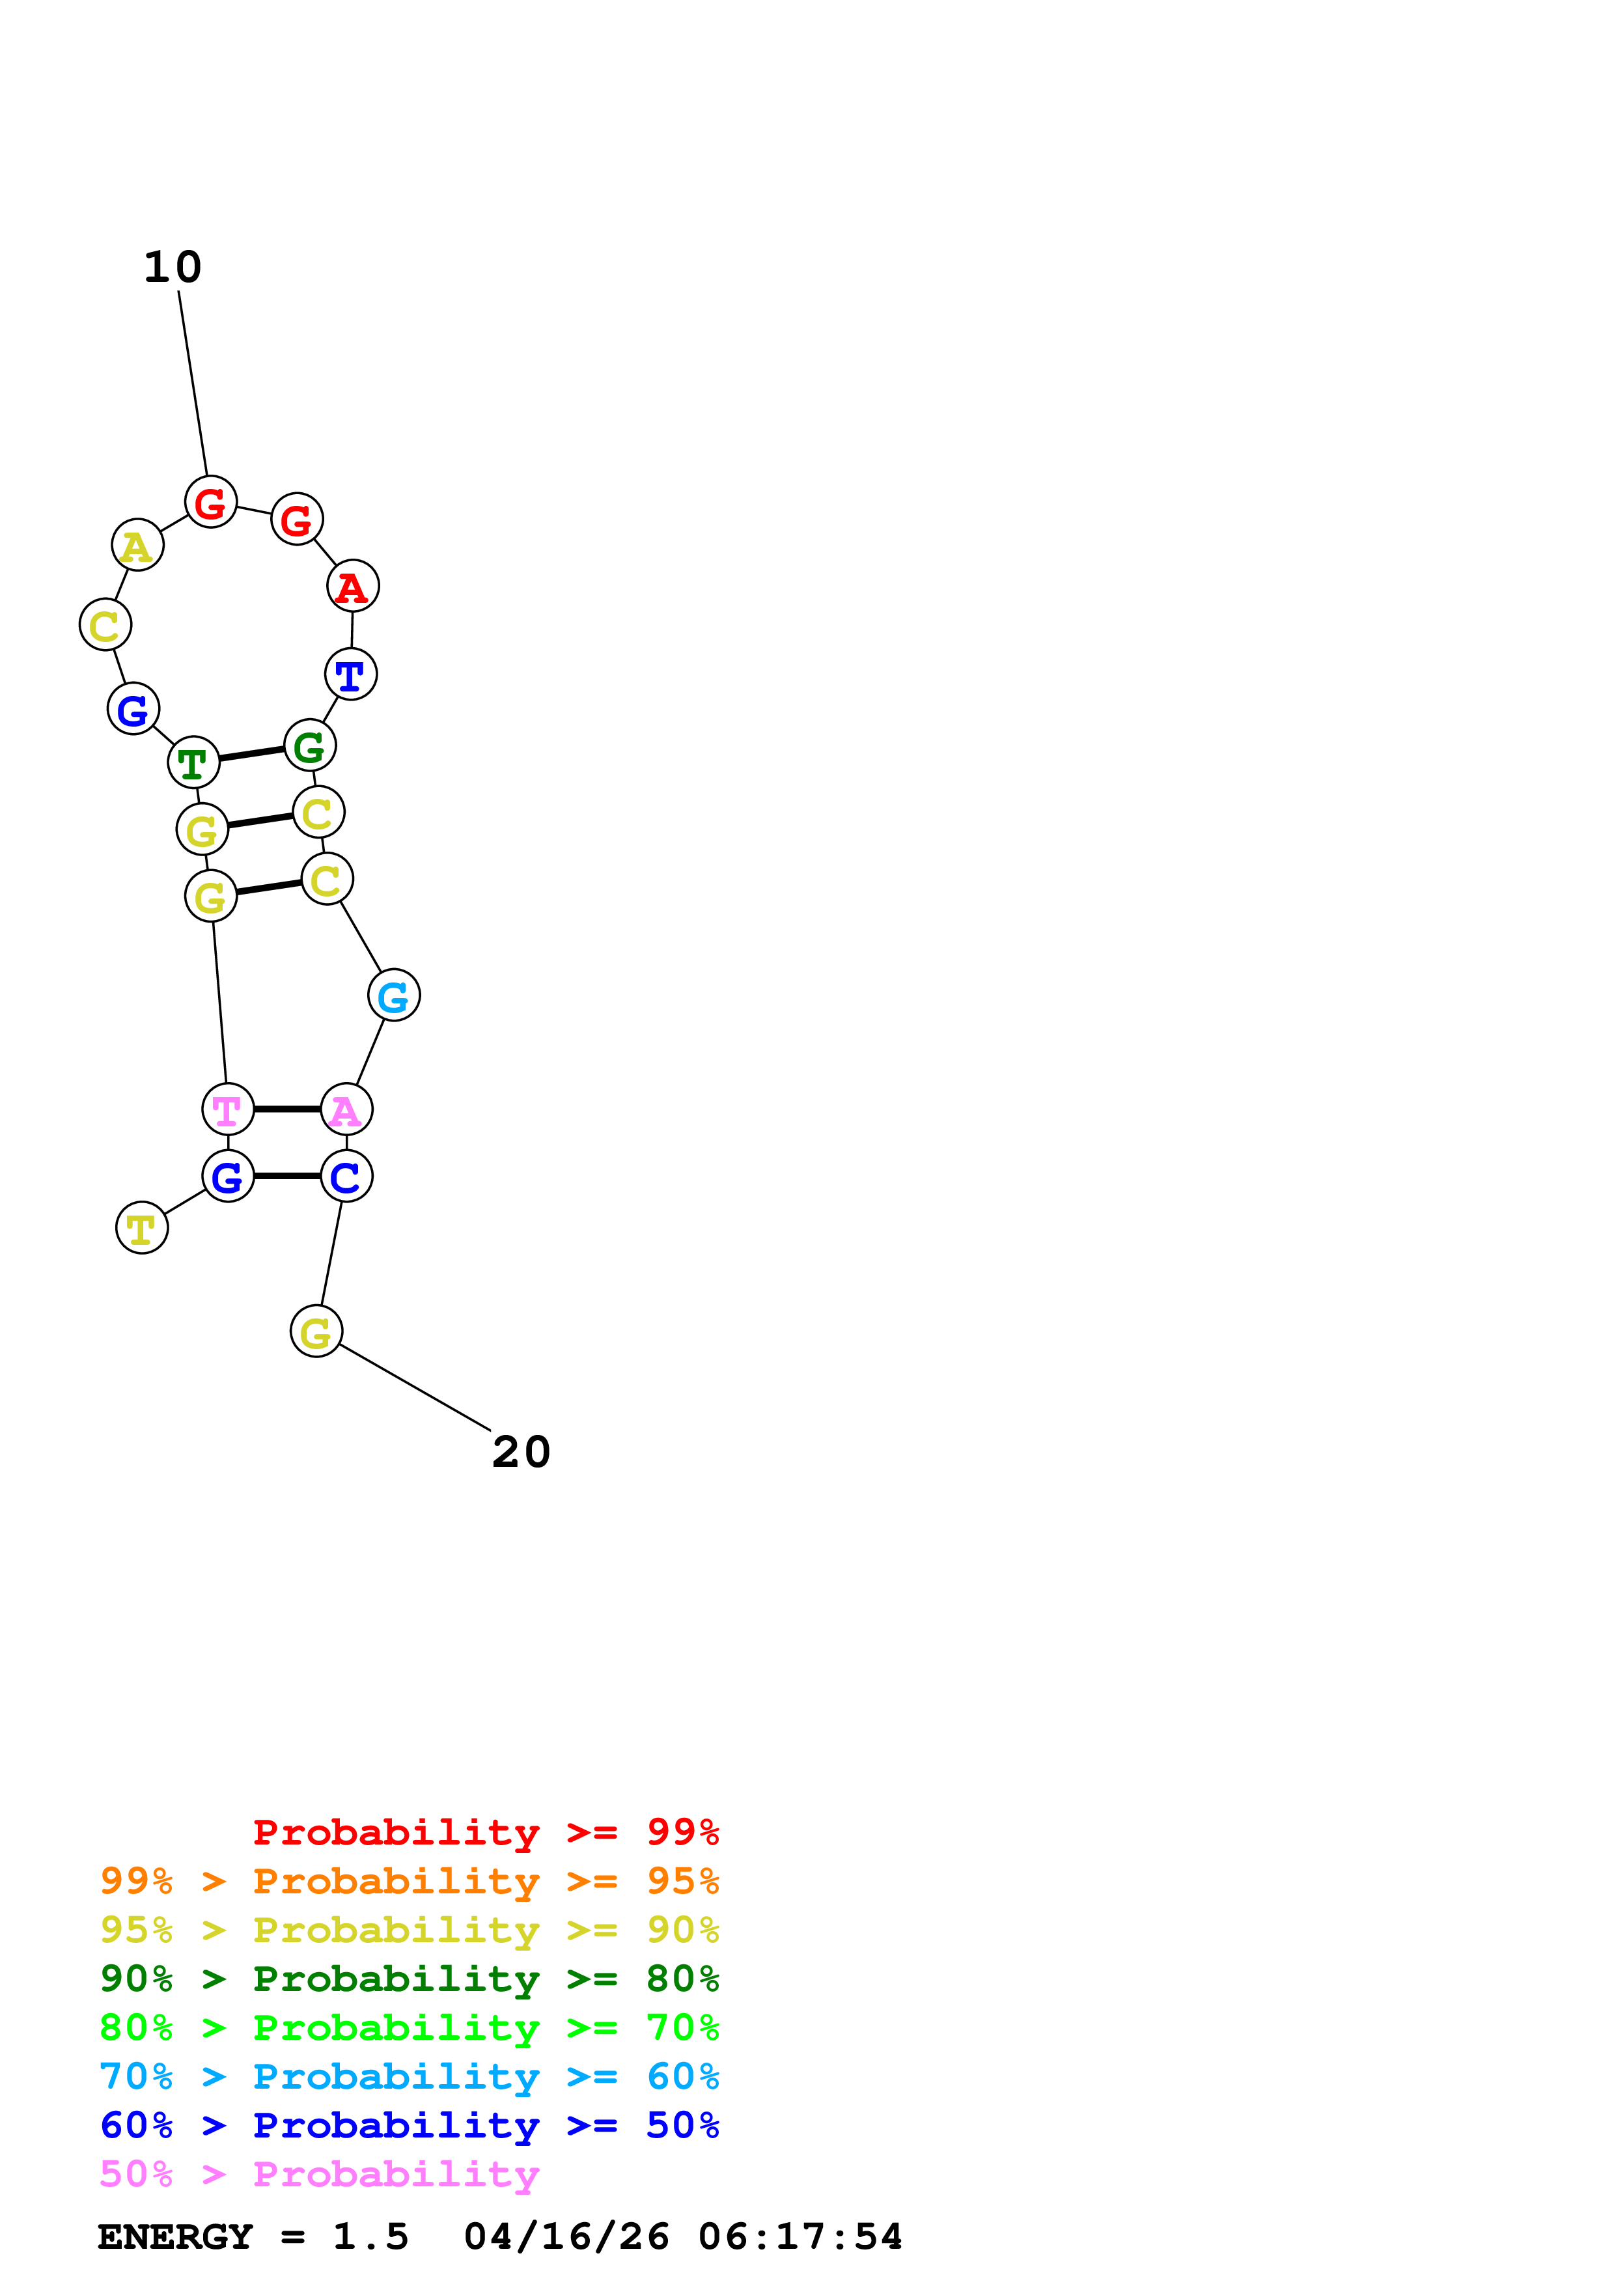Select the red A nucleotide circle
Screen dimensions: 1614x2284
pyautogui.click(x=353, y=586)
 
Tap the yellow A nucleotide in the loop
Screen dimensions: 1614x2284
pyautogui.click(x=137, y=545)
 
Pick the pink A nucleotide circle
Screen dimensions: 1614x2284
pyautogui.click(x=346, y=1109)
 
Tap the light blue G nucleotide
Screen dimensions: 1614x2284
pyautogui.click(x=394, y=995)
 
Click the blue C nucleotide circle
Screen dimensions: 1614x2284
pyautogui.click(x=346, y=1176)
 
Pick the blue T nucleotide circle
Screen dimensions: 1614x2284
pyautogui.click(x=351, y=675)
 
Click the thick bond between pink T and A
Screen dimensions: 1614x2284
pyautogui.click(x=287, y=1108)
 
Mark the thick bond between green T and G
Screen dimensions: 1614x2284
pyautogui.click(x=251, y=754)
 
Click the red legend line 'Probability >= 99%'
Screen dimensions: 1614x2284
pyautogui.click(x=486, y=1831)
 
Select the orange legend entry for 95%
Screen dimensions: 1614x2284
pyautogui.click(x=410, y=1880)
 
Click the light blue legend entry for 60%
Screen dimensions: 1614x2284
pyautogui.click(x=410, y=2076)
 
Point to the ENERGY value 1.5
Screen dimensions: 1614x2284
pyautogui.click(x=370, y=2236)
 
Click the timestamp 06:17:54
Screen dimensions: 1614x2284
pyautogui.click(x=801, y=2236)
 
